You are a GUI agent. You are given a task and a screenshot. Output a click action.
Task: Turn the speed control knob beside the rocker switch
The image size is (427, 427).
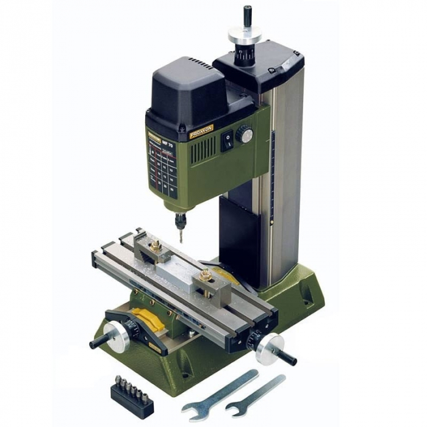click(x=244, y=134)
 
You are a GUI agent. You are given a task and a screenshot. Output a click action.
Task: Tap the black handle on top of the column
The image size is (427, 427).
click(x=248, y=16)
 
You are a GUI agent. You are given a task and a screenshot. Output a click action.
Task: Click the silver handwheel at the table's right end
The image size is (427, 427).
click(x=268, y=349)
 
